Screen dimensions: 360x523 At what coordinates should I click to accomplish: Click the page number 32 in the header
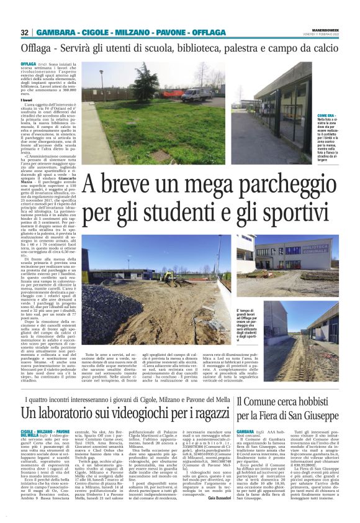[24, 32]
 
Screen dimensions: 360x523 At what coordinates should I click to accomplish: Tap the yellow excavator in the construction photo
[168, 275]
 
